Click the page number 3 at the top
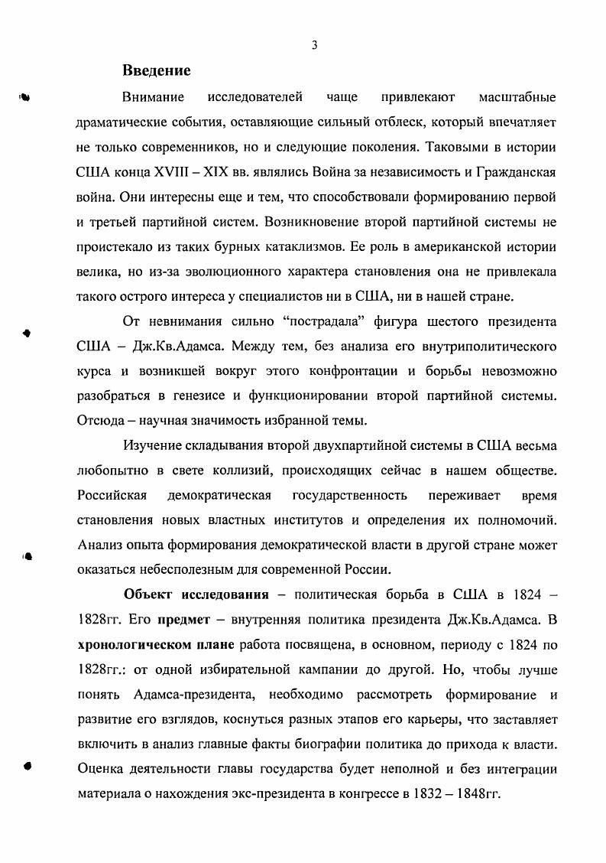point(314,45)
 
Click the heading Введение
point(156,71)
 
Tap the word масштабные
point(517,98)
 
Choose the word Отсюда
point(103,422)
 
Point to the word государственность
point(350,495)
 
